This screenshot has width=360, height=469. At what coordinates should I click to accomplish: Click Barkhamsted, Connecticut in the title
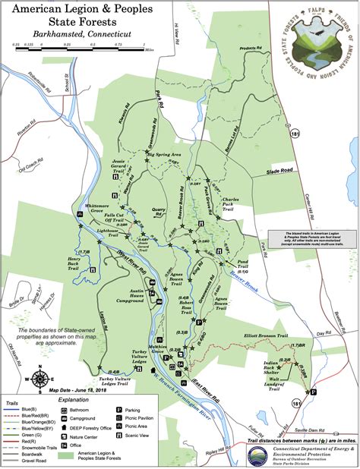coord(79,35)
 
